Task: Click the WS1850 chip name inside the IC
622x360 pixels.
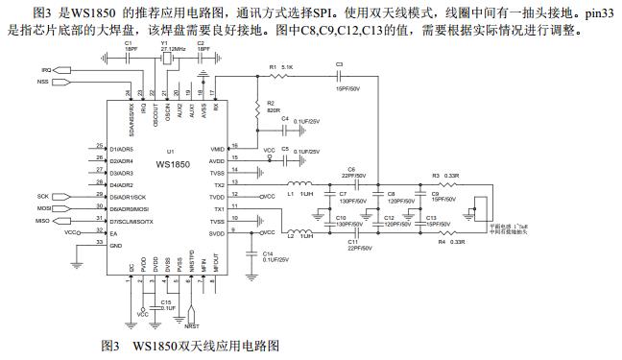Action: click(171, 166)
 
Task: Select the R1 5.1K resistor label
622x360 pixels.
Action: click(279, 66)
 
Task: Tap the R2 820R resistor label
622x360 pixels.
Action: click(273, 107)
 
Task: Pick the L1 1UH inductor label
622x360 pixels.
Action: click(299, 195)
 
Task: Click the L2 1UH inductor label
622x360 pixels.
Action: click(299, 236)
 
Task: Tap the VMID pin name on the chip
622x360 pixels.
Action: click(217, 150)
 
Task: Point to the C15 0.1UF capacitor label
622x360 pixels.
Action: click(167, 304)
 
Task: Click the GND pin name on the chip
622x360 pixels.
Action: click(116, 245)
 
